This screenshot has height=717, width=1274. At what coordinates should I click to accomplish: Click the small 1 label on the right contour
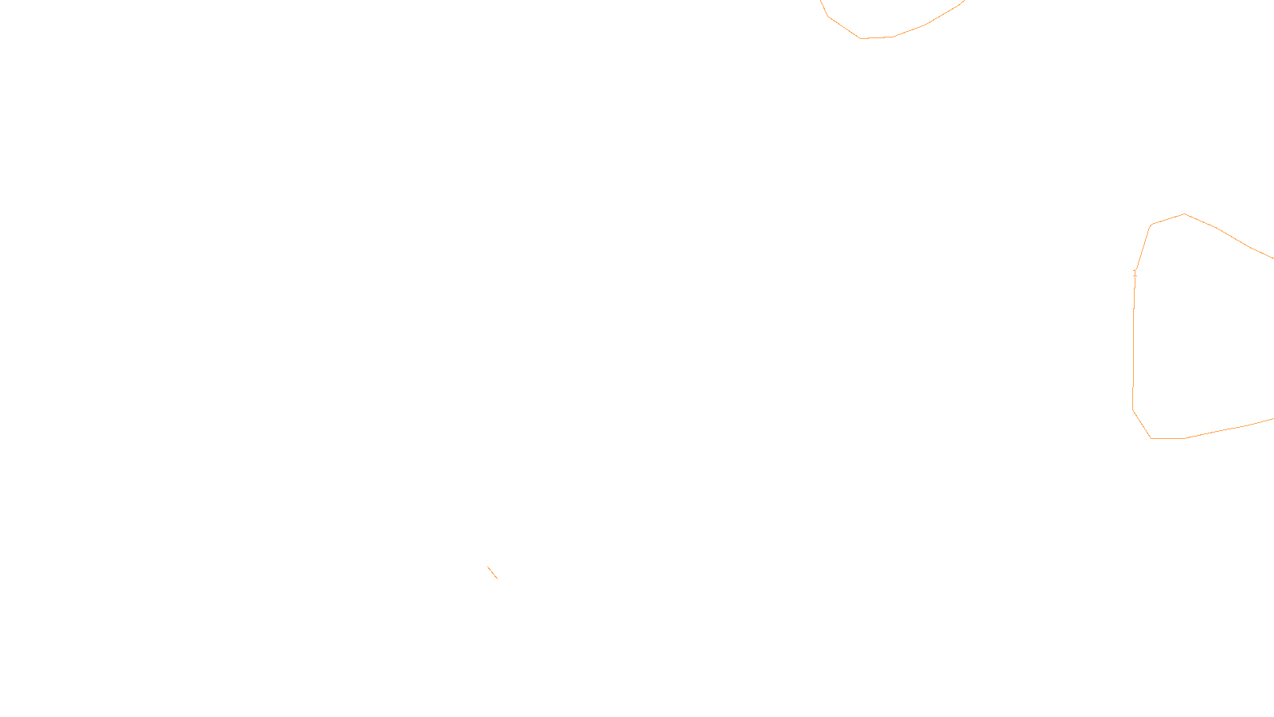(1135, 273)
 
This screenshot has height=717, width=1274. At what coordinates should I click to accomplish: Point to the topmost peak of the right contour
(1185, 214)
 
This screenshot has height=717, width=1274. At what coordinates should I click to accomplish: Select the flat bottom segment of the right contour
(1167, 438)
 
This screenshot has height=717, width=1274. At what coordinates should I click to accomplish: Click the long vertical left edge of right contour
(1134, 343)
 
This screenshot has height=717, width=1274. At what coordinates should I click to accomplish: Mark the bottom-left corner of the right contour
(1151, 438)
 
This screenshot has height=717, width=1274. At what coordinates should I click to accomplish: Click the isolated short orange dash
(493, 573)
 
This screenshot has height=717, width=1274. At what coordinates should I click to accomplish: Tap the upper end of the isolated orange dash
(488, 567)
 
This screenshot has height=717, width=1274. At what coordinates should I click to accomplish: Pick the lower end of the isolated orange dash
(498, 578)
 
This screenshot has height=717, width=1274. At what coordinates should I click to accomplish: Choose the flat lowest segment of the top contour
(876, 37)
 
